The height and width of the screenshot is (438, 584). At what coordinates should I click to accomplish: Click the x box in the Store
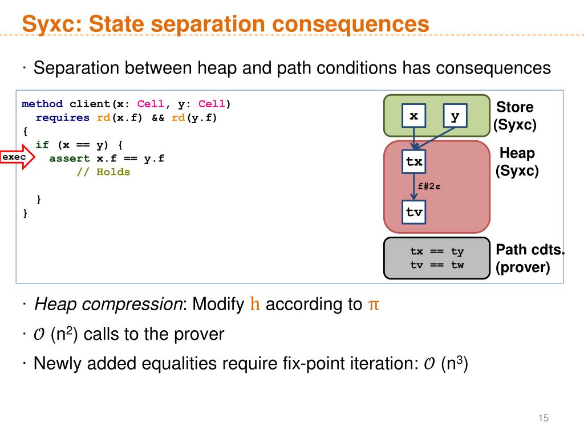[414, 117]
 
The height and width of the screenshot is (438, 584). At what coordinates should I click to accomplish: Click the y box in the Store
[455, 117]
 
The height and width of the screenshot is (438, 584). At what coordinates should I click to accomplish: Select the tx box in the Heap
[414, 162]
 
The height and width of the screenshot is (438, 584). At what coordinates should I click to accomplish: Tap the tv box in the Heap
[414, 212]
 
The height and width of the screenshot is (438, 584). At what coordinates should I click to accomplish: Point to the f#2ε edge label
[429, 186]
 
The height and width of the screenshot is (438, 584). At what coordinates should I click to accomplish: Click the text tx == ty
[437, 252]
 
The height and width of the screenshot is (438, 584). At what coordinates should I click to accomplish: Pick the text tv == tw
[437, 265]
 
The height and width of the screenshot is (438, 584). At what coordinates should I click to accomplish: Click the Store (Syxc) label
[515, 116]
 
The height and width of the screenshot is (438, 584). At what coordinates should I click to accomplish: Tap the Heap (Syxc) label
[517, 161]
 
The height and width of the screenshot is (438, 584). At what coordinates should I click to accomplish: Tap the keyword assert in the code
[70, 159]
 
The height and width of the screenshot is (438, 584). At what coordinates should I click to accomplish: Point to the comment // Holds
[103, 172]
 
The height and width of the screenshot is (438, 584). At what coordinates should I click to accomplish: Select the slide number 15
[542, 419]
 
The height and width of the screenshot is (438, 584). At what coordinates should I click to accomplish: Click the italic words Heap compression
[108, 304]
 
